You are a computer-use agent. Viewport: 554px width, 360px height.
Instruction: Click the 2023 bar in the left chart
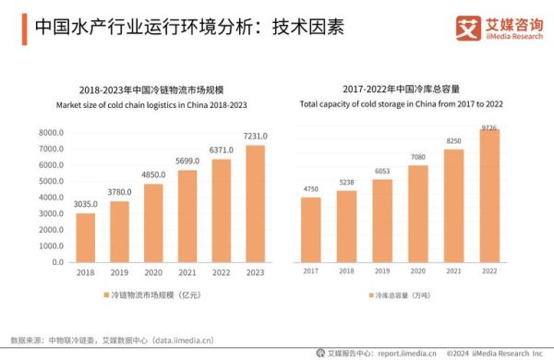click(254, 203)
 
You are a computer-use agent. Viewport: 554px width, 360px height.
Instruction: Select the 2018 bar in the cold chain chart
click(85, 237)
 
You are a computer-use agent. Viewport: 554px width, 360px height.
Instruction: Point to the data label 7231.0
click(254, 137)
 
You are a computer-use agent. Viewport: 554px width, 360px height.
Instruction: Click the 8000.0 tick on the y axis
click(51, 134)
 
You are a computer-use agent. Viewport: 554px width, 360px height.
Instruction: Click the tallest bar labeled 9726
click(489, 195)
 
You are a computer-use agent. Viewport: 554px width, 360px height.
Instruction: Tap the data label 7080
click(417, 157)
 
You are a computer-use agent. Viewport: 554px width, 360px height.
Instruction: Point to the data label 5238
click(346, 182)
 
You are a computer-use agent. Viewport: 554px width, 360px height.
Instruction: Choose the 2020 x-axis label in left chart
click(152, 273)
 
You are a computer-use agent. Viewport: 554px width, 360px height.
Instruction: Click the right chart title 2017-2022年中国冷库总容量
click(403, 90)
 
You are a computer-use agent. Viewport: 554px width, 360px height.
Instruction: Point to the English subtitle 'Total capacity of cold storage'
click(403, 105)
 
